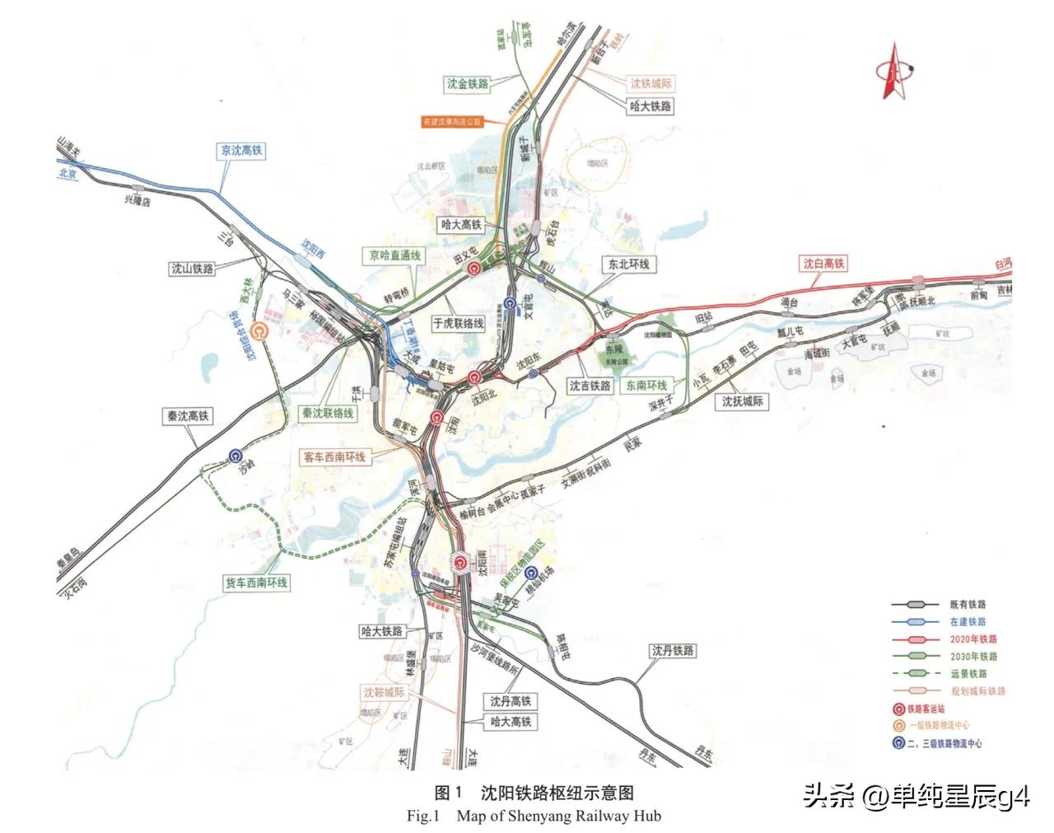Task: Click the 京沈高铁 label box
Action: [241, 151]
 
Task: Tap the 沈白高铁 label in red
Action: [824, 264]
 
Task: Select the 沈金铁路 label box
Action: [468, 83]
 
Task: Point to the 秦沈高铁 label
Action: [188, 417]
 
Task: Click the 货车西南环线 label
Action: [256, 583]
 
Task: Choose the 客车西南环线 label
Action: [334, 456]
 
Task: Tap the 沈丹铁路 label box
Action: [672, 651]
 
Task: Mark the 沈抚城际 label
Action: [742, 401]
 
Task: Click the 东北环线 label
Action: [628, 264]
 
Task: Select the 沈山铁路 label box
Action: [192, 269]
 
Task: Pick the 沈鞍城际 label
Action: [385, 693]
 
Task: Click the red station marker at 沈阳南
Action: [461, 563]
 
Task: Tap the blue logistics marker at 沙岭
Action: [236, 456]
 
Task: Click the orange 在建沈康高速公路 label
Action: [451, 122]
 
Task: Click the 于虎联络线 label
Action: [458, 324]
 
